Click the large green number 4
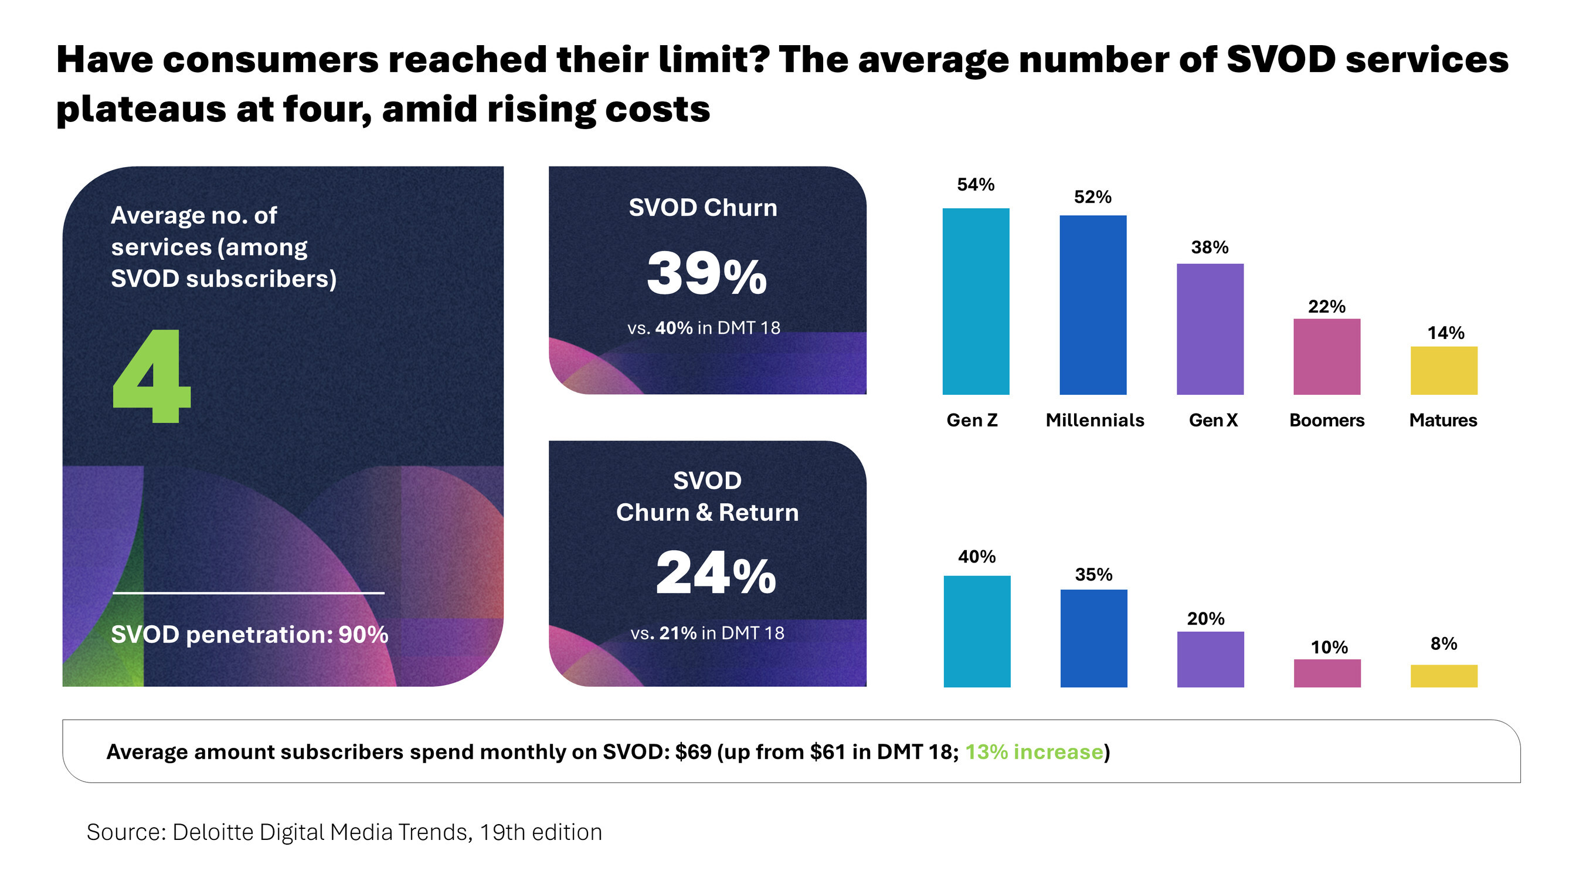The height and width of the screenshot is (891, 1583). click(152, 377)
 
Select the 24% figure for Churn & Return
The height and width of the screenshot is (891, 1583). click(715, 573)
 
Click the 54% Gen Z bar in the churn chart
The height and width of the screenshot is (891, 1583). click(975, 301)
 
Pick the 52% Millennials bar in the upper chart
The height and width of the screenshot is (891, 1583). click(1092, 305)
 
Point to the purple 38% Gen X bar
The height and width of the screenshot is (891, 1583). click(1210, 329)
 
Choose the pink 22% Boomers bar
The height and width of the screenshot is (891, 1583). click(1326, 357)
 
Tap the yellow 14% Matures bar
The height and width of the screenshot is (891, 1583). click(1443, 370)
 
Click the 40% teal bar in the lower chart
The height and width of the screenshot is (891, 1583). click(976, 631)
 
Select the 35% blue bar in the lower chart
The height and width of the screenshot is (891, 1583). click(1093, 638)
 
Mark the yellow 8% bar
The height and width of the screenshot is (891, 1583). click(1443, 675)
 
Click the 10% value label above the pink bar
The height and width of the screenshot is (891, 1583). click(1329, 647)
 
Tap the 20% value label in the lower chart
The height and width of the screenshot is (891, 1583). click(1205, 619)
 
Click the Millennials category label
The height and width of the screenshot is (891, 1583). click(1095, 420)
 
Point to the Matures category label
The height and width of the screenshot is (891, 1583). click(1442, 420)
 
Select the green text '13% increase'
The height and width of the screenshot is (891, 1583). click(1034, 751)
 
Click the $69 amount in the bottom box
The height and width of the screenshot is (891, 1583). click(692, 751)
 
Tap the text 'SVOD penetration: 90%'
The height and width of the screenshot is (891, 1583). click(249, 634)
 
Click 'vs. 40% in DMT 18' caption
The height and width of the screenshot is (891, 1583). click(703, 328)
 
